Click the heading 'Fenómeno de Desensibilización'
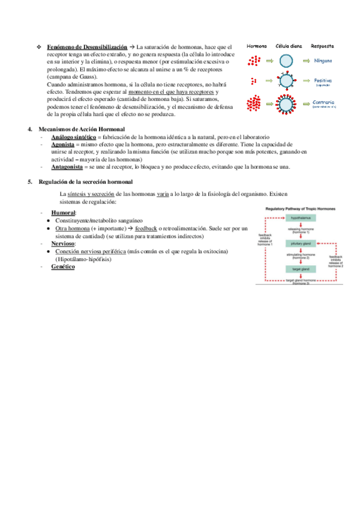[x=88, y=46]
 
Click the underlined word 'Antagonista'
[x=67, y=167]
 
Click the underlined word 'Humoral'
[x=64, y=213]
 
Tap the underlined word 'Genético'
[x=63, y=267]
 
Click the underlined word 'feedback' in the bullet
[x=146, y=229]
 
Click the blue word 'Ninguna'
[x=323, y=61]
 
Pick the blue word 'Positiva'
[x=323, y=80]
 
